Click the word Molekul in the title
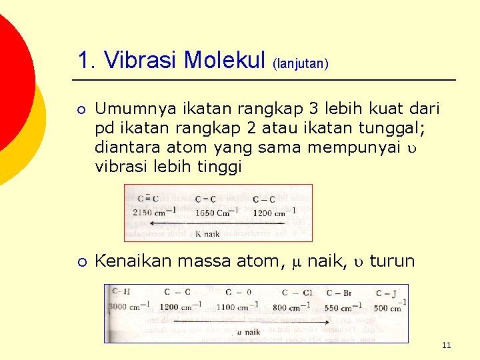(225, 61)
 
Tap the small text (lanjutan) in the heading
(300, 64)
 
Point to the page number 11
(446, 345)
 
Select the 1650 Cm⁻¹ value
(216, 212)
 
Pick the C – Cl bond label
(297, 293)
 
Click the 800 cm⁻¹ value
(291, 307)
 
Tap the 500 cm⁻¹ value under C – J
(389, 307)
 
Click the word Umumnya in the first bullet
(131, 109)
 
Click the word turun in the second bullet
(392, 261)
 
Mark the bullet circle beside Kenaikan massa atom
(81, 261)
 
